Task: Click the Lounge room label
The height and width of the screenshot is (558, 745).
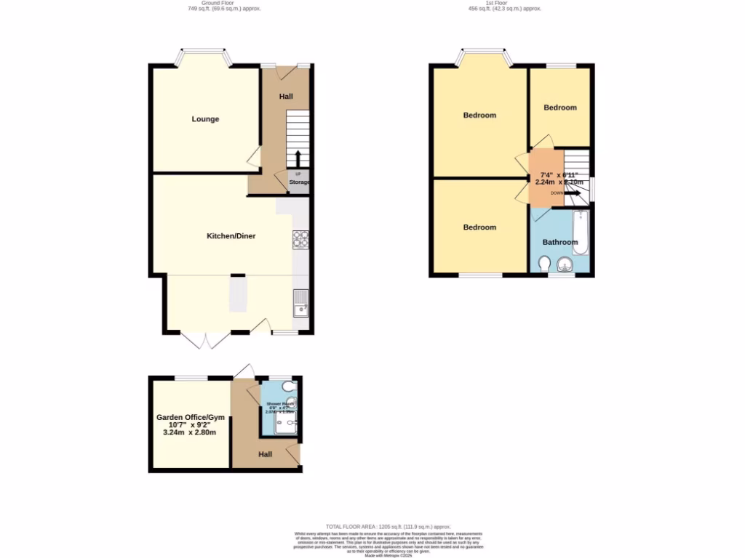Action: (x=205, y=119)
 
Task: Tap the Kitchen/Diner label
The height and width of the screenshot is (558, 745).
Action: (x=231, y=236)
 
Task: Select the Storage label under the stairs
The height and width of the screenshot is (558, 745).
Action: (x=299, y=182)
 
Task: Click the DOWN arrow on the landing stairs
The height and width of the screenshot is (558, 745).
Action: (x=572, y=193)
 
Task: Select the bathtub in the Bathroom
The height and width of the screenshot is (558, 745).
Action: (x=580, y=232)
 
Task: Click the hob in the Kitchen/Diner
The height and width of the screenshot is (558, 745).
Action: (x=300, y=238)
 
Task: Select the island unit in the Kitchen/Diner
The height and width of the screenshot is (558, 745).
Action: (x=238, y=294)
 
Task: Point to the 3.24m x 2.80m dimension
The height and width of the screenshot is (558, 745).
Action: (x=189, y=432)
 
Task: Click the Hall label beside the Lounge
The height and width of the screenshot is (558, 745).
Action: (x=286, y=97)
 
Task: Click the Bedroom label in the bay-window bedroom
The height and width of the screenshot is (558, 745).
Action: (x=479, y=116)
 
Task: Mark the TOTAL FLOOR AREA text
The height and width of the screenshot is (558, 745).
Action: (x=388, y=526)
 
